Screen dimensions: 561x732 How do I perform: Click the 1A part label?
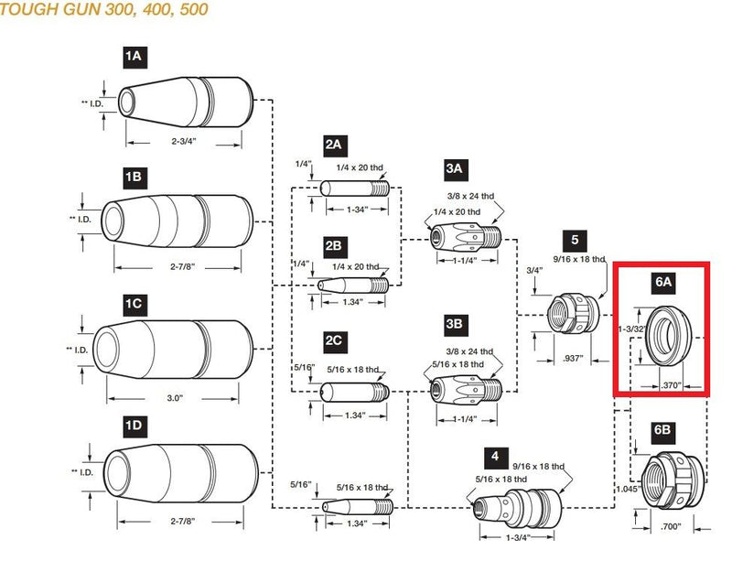(x=134, y=57)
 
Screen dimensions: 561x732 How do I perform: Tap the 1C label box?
(x=135, y=302)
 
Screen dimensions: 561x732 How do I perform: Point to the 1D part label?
(x=135, y=426)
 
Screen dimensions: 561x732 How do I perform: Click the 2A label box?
(x=333, y=144)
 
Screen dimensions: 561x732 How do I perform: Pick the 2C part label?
(x=333, y=340)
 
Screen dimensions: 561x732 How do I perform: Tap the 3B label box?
(x=455, y=324)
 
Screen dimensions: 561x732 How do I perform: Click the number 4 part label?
(x=494, y=455)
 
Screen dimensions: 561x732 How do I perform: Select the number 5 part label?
(x=576, y=240)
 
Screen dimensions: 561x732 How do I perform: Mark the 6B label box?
(x=662, y=429)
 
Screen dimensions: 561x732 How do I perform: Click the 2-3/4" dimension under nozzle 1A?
(x=185, y=143)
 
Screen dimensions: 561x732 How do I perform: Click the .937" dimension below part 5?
(x=576, y=359)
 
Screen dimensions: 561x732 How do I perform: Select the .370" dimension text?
(x=671, y=387)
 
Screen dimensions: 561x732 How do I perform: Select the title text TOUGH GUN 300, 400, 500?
(x=104, y=10)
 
